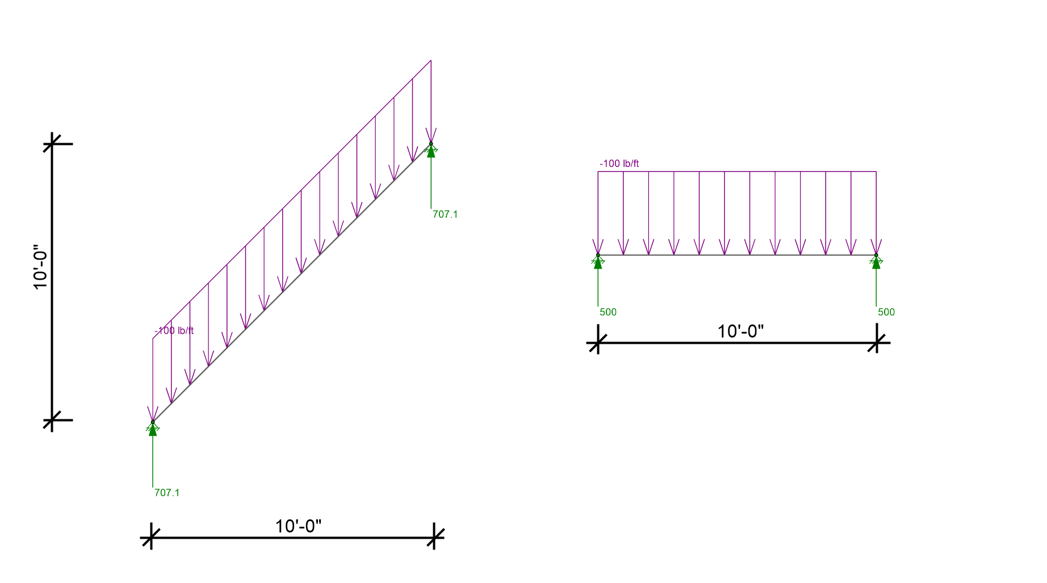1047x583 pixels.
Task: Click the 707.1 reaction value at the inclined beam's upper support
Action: tap(445, 214)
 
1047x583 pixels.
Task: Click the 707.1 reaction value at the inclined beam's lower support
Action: tap(167, 493)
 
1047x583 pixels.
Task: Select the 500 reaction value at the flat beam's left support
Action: tap(608, 312)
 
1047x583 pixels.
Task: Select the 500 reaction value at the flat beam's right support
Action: tap(886, 312)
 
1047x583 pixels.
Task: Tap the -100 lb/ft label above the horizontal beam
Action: tap(619, 164)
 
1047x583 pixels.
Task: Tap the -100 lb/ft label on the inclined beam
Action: tap(174, 331)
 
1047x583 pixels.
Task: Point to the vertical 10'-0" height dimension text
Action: tap(40, 267)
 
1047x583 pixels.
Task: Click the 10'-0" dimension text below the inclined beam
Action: tap(298, 526)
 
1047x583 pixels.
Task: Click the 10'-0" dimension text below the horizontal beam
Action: tap(740, 331)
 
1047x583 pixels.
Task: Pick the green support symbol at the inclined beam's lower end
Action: tap(152, 428)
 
